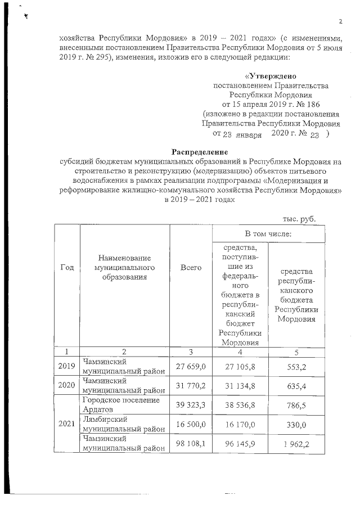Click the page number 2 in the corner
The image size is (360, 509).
(341, 21)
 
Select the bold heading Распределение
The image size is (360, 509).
(199, 152)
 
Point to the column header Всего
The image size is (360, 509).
(191, 268)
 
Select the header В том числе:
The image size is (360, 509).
(268, 233)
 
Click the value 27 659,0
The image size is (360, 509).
(191, 366)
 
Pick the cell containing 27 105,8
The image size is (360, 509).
(240, 366)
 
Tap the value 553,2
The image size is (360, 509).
(296, 366)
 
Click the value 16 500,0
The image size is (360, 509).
(191, 423)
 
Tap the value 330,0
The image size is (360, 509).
(296, 423)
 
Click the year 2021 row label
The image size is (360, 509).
(67, 423)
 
